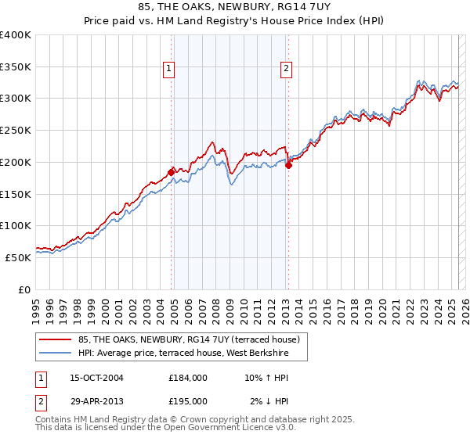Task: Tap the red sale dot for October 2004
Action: [171, 172]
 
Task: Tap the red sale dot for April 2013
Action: [288, 164]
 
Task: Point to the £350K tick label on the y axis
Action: [16, 67]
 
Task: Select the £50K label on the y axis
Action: [18, 257]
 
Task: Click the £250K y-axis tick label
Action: [16, 131]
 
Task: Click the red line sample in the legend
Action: [56, 339]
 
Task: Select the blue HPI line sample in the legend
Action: [56, 354]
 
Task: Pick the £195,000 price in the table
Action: [188, 401]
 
